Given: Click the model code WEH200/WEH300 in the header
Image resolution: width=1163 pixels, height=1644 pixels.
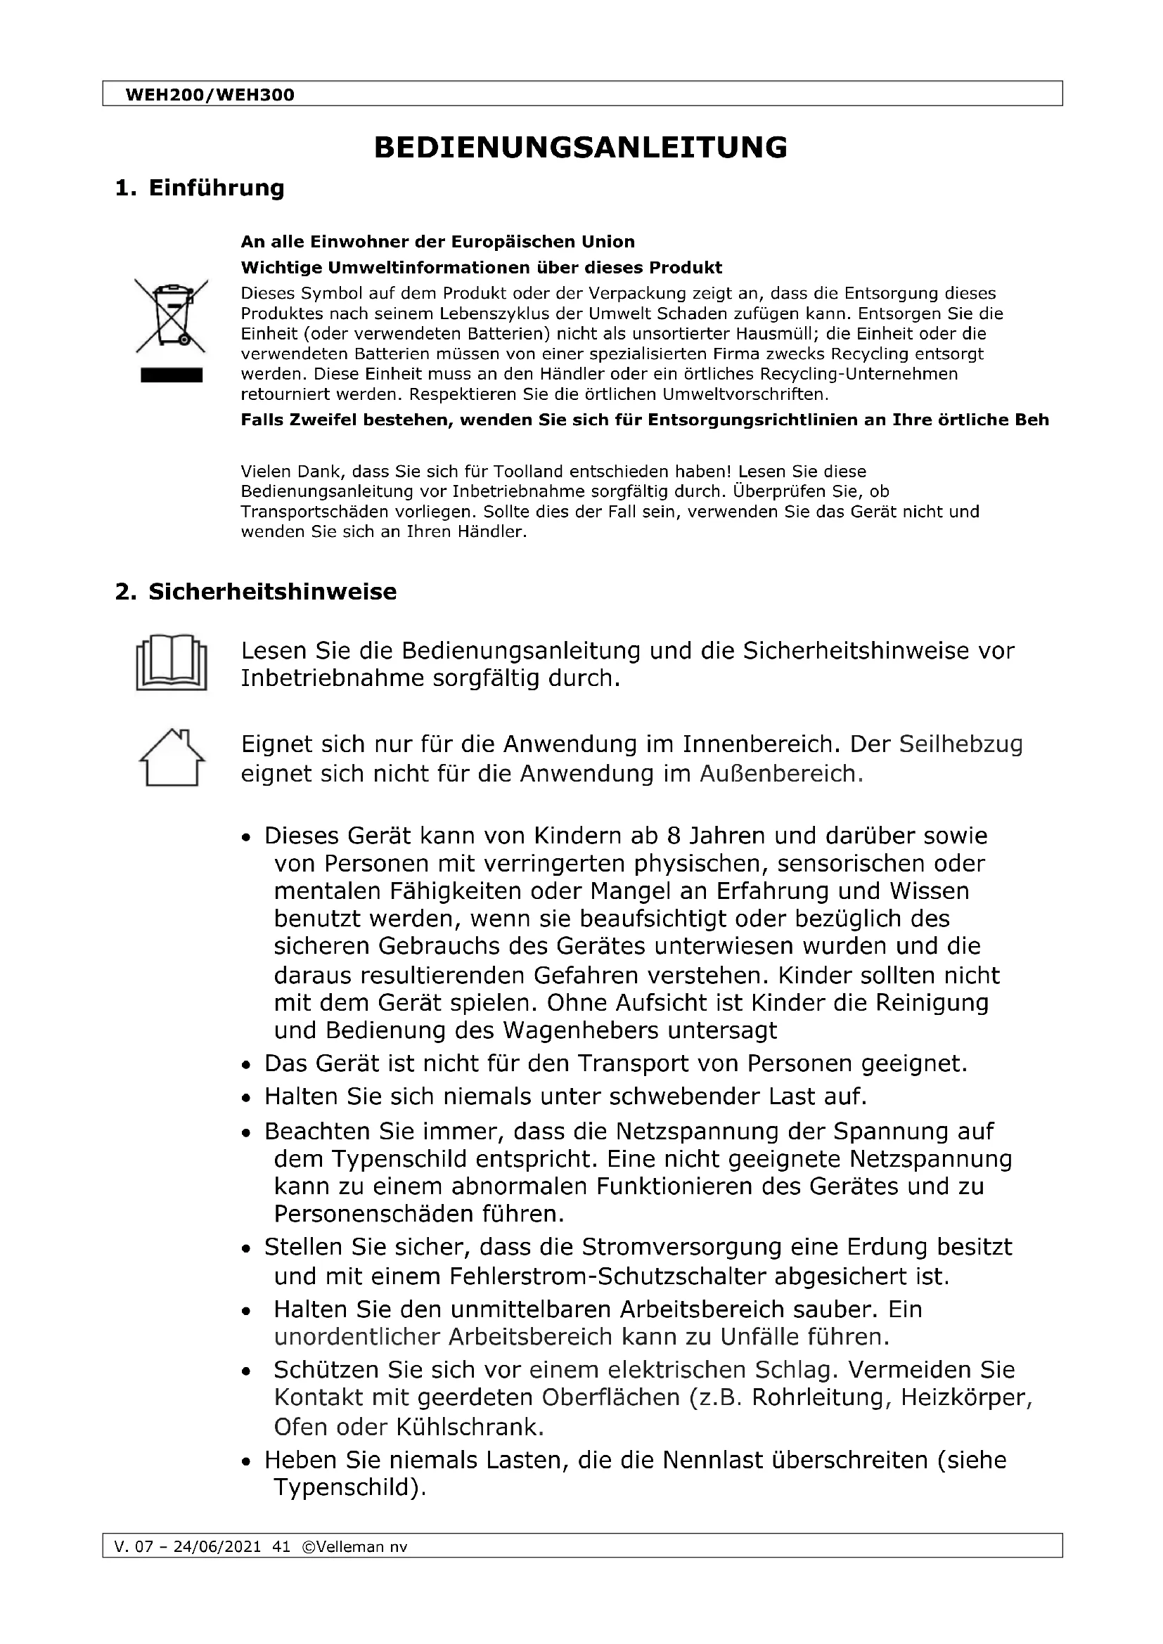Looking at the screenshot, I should [210, 95].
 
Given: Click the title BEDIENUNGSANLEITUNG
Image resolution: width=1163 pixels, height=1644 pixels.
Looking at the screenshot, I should [581, 148].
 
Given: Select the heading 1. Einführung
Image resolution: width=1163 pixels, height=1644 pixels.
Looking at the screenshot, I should [200, 188].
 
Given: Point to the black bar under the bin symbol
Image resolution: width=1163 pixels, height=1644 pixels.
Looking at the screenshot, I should [171, 375].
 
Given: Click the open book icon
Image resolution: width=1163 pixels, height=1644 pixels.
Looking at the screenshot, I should [172, 662].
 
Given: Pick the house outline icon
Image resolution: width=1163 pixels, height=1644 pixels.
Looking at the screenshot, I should [172, 758].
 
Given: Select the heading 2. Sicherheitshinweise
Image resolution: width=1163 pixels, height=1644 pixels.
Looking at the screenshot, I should [256, 592].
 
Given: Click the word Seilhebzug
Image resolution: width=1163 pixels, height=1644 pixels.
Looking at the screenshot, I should [961, 744].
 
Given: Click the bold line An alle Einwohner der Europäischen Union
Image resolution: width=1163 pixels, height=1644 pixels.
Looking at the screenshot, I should [437, 242].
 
